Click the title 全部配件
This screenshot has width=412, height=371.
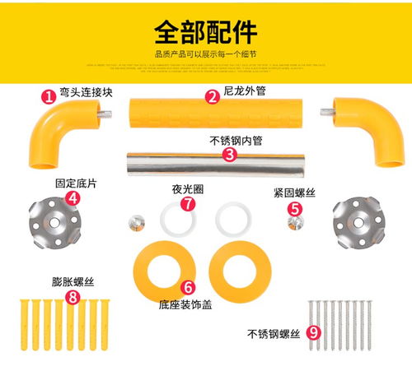click(205, 32)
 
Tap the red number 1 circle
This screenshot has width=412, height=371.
click(49, 96)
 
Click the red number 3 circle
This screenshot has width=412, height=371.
click(230, 154)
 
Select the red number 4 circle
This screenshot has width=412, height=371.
click(73, 197)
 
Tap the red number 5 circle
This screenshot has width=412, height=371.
click(293, 209)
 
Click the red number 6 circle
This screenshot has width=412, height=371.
click(188, 288)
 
